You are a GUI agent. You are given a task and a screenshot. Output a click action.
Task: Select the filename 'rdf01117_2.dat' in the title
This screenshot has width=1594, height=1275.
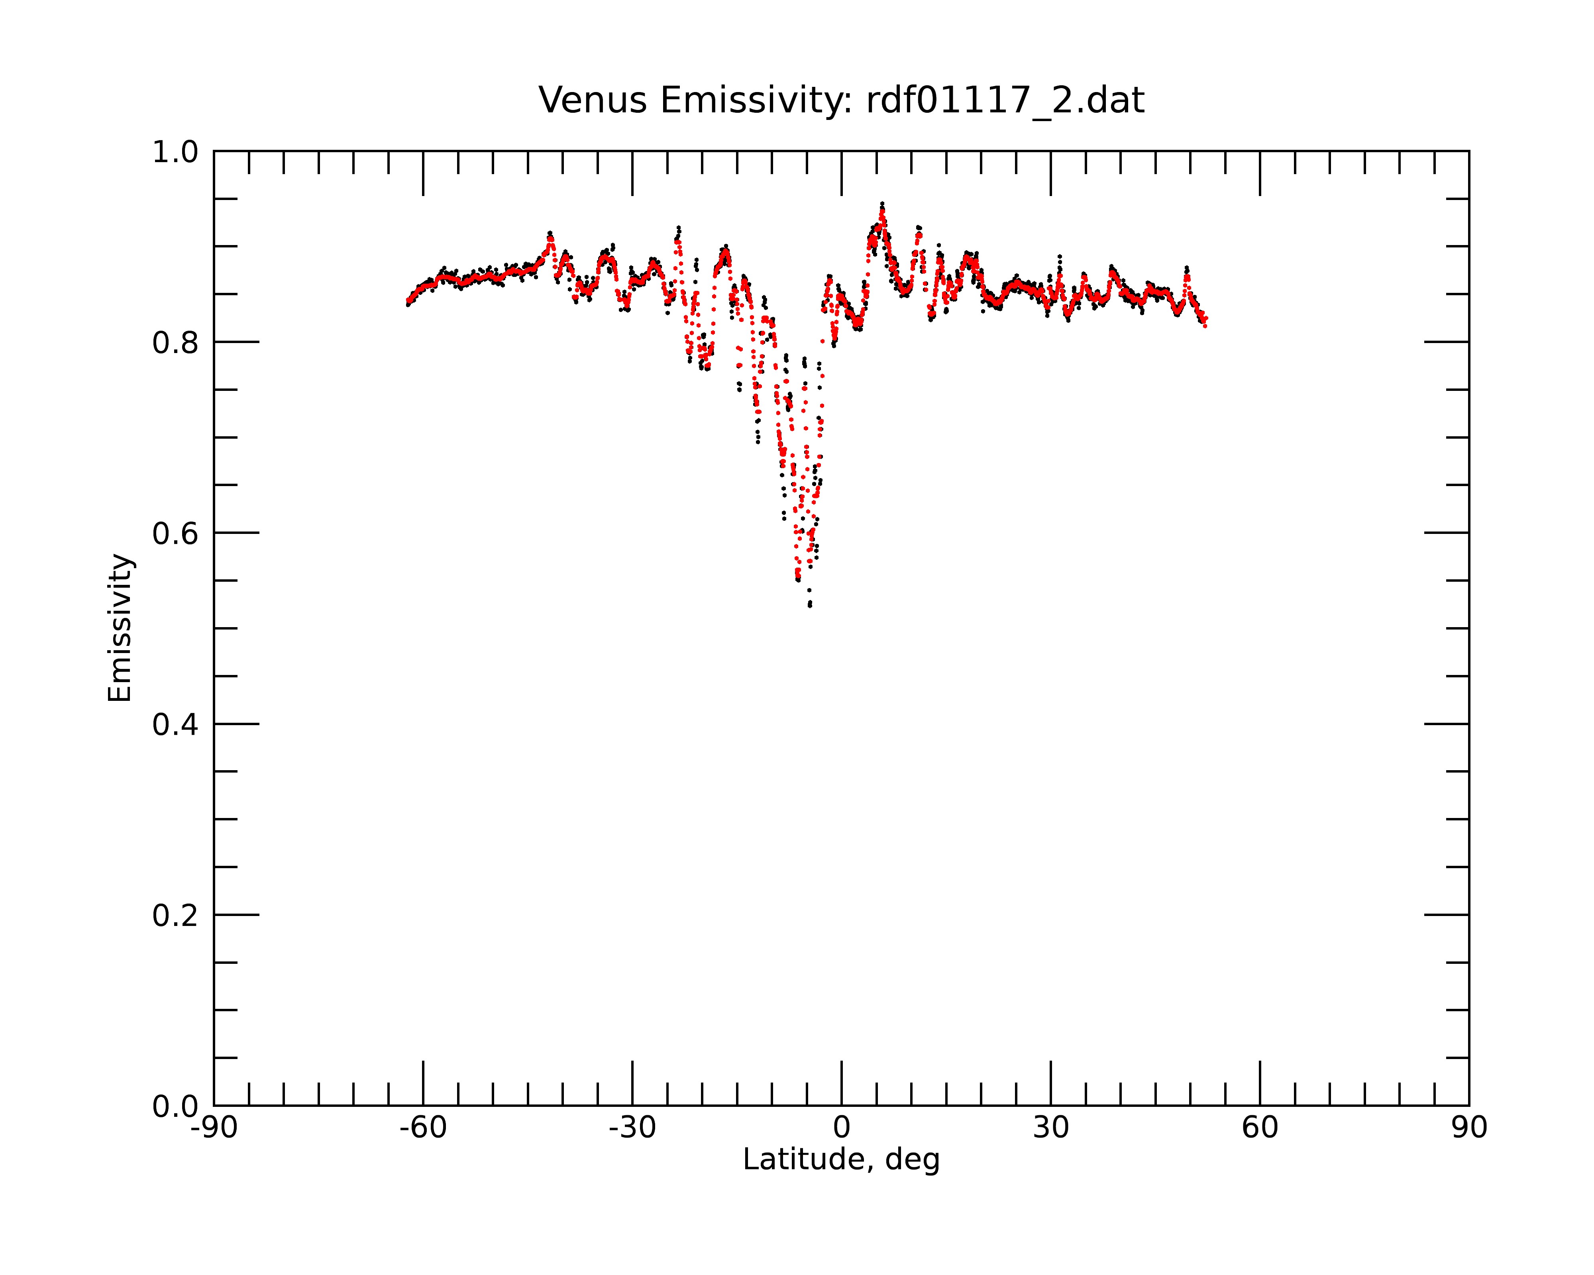coord(1005,101)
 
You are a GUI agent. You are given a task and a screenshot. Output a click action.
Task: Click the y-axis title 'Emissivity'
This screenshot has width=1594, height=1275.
coord(120,628)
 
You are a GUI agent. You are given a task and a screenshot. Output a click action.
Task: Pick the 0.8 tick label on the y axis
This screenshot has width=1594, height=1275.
coord(175,343)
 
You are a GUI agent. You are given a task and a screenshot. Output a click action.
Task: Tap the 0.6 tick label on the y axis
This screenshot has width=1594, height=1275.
coord(175,534)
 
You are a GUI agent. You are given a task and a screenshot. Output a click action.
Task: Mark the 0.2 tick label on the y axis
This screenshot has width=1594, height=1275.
coord(175,916)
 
